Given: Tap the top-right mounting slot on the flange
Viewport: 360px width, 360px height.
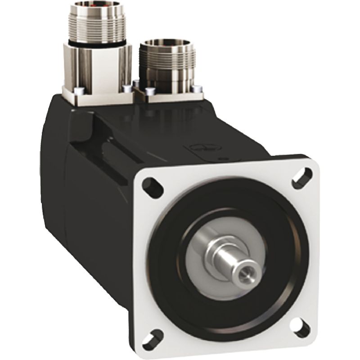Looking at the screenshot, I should (x=301, y=177).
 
